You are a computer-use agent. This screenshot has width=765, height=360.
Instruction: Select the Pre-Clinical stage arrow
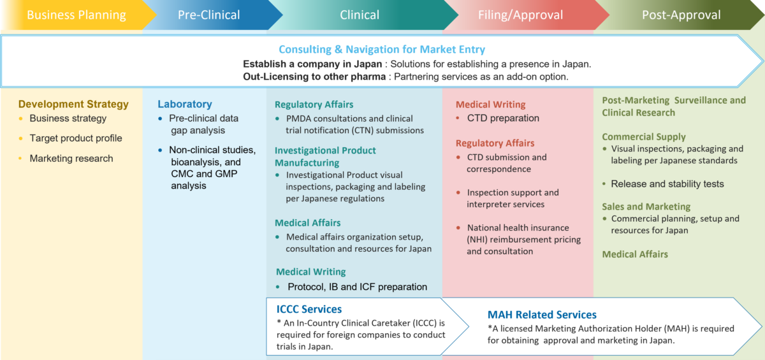208,15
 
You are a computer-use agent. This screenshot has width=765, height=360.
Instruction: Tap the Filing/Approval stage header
520,15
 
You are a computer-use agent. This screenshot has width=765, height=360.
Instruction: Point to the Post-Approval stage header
681,15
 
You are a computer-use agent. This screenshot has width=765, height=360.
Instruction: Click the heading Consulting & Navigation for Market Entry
381,50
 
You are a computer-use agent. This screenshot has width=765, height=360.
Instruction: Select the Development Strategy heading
73,104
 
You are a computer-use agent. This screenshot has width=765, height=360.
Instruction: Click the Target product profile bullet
75,138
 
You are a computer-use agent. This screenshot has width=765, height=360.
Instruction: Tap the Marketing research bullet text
71,159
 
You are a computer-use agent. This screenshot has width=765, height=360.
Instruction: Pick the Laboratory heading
185,104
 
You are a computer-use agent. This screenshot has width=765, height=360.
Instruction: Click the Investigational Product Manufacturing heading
325,157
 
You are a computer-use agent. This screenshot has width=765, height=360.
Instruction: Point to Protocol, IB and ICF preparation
357,287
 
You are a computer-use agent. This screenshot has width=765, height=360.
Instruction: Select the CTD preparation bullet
503,119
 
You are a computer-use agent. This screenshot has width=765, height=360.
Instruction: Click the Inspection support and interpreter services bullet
513,198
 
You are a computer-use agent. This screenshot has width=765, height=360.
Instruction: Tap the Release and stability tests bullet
667,184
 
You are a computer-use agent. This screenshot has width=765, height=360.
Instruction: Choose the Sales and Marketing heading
646,206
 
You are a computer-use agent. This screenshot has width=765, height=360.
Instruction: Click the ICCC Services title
309,310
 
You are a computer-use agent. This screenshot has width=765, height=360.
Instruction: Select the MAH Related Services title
542,315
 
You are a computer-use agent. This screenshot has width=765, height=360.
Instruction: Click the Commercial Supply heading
644,137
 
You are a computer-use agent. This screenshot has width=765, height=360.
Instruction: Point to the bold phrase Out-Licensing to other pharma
314,76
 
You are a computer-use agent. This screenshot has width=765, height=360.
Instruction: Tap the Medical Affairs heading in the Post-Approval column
635,254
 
